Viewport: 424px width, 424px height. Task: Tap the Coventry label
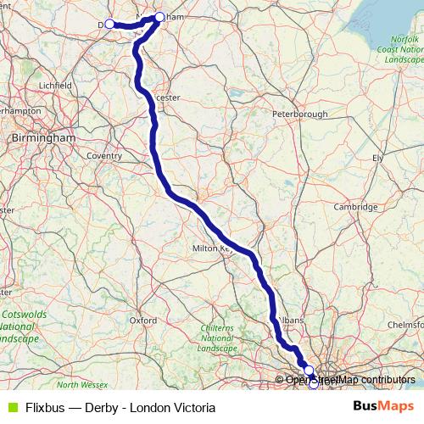(x=104, y=156)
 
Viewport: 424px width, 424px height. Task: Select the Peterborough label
(x=299, y=114)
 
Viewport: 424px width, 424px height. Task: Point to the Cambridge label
(x=355, y=206)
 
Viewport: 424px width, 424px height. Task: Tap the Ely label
(x=378, y=158)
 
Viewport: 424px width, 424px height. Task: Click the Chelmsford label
(x=404, y=324)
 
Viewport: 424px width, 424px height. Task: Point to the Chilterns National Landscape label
(x=215, y=338)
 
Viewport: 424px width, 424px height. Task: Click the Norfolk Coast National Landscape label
(x=402, y=50)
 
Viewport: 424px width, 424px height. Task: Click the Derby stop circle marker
(x=109, y=24)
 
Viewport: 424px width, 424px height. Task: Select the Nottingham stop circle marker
(x=159, y=17)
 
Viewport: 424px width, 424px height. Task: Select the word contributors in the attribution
(x=383, y=380)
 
